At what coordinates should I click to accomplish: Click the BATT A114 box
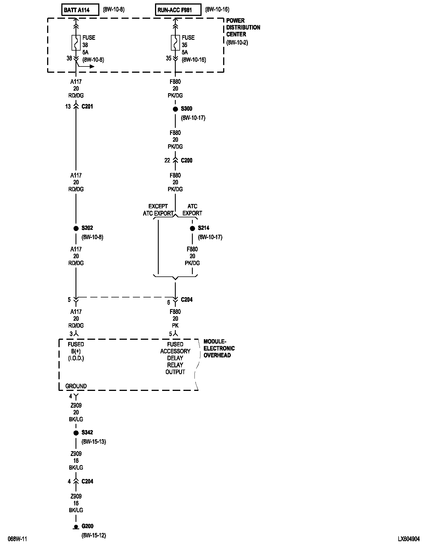(x=80, y=10)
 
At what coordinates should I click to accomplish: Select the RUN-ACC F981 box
(x=178, y=10)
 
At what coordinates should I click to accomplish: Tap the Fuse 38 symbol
(x=76, y=43)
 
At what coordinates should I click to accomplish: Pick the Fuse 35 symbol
(x=175, y=43)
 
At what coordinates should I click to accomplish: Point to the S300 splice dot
(x=175, y=109)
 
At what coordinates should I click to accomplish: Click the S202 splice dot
(x=76, y=228)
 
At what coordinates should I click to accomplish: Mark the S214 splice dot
(x=192, y=228)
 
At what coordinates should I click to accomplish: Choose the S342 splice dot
(x=76, y=433)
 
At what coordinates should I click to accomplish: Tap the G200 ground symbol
(x=76, y=526)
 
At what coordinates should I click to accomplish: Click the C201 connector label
(x=87, y=107)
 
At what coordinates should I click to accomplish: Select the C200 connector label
(x=187, y=161)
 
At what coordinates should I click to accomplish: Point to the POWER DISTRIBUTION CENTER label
(x=243, y=28)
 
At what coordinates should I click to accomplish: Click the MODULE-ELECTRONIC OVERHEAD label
(x=219, y=348)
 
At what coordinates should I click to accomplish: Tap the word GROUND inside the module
(x=76, y=386)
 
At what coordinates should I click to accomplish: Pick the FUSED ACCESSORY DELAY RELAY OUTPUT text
(x=175, y=358)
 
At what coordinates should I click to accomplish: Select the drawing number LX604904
(x=409, y=539)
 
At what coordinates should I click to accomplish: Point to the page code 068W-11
(x=17, y=539)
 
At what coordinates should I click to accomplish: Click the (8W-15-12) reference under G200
(x=94, y=536)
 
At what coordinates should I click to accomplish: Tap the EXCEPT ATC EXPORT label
(x=158, y=210)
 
